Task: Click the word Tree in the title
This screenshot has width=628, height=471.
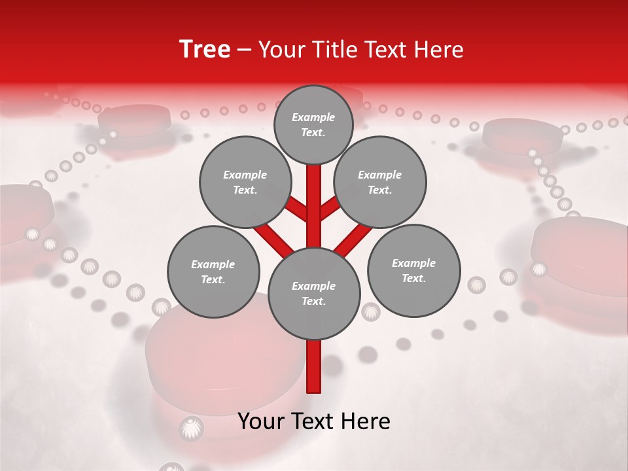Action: pyautogui.click(x=205, y=50)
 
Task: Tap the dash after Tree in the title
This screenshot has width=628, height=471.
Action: pyautogui.click(x=245, y=50)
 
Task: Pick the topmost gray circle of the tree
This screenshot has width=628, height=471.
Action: pyautogui.click(x=313, y=124)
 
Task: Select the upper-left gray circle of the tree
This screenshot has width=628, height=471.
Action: pyautogui.click(x=245, y=182)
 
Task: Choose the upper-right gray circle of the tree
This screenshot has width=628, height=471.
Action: pyautogui.click(x=380, y=182)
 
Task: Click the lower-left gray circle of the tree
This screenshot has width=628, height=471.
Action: pyautogui.click(x=213, y=271)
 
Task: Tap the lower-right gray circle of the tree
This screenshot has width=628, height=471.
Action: pyautogui.click(x=413, y=270)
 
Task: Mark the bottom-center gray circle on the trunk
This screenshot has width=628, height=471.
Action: pyautogui.click(x=314, y=293)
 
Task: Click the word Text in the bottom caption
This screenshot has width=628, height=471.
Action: pyautogui.click(x=315, y=421)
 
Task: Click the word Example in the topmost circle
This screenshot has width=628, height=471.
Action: pyautogui.click(x=313, y=118)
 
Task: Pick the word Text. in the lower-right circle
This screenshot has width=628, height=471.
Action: pyautogui.click(x=413, y=278)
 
